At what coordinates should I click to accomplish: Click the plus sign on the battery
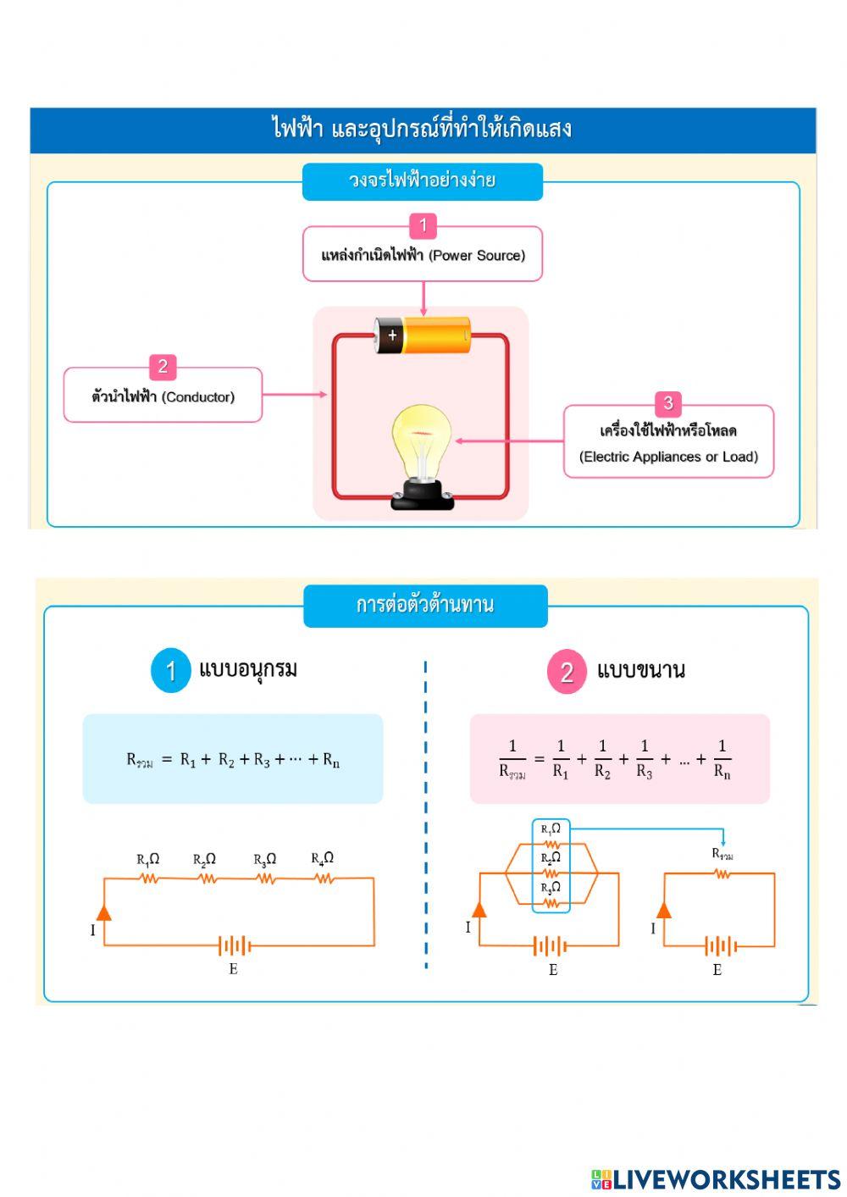coord(391,335)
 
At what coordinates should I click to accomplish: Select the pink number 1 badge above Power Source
coord(423,226)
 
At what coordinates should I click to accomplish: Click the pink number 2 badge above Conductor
coord(162,367)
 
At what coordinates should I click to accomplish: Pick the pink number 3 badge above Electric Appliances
coord(667,403)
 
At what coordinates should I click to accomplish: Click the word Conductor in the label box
coord(198,396)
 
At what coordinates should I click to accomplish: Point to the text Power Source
coord(477,255)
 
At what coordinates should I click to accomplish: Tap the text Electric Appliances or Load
coord(668,457)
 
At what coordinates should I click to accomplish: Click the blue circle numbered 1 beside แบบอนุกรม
coord(171,671)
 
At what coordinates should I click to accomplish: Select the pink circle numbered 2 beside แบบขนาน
coord(567,673)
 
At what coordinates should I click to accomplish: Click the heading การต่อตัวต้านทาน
coord(425,605)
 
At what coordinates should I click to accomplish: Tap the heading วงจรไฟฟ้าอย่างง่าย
coord(422,180)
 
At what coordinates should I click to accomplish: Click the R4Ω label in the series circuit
coord(322,858)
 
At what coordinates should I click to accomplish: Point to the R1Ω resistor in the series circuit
coord(150,878)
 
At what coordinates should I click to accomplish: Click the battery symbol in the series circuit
coord(234,945)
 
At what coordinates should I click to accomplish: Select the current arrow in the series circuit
coord(103,912)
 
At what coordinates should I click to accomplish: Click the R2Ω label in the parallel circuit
coord(551,857)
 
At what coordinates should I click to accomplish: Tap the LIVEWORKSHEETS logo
coord(716,1179)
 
